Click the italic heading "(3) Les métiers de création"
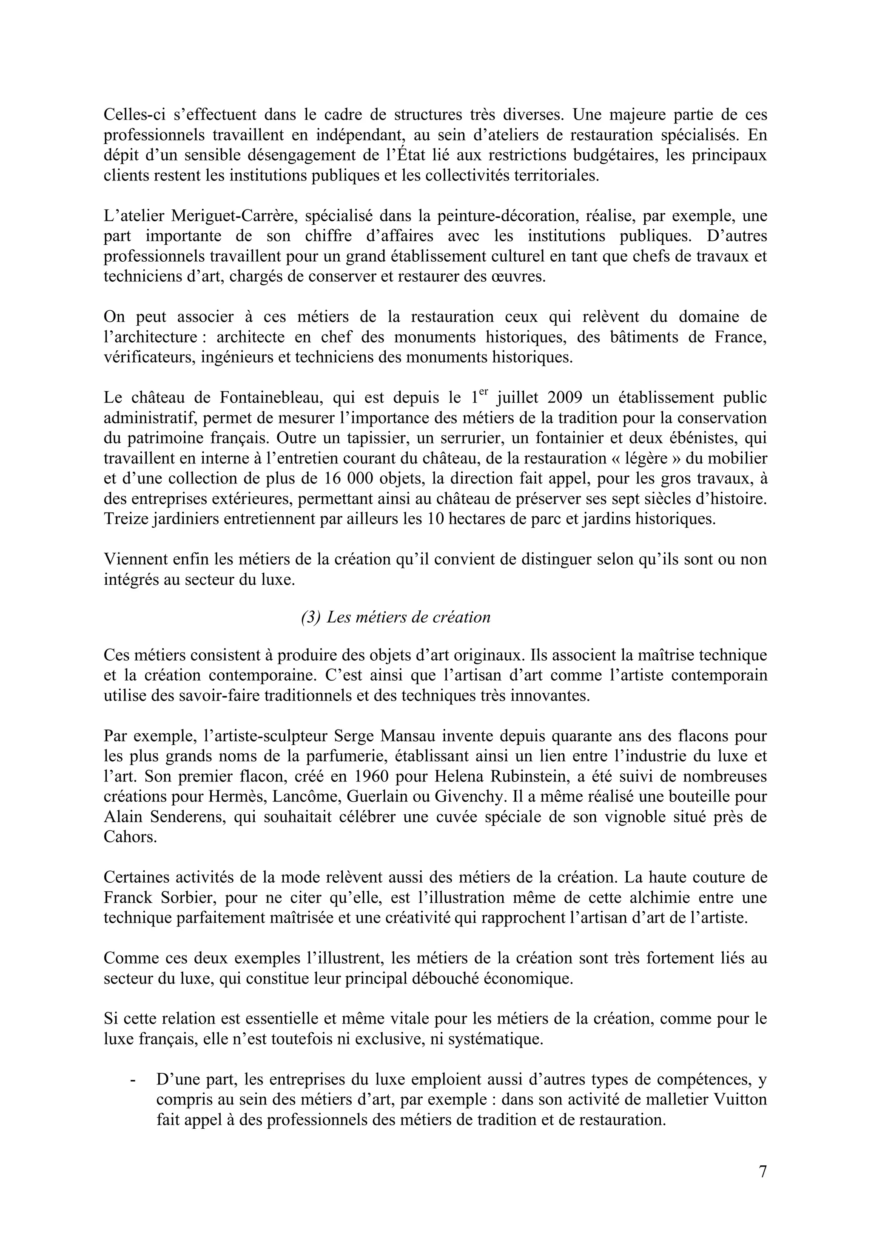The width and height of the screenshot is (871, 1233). coord(396,618)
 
